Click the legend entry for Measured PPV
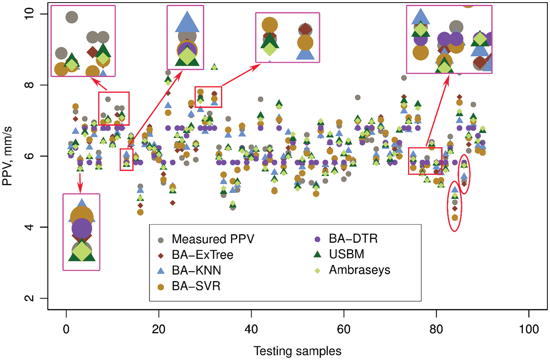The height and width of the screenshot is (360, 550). point(201,239)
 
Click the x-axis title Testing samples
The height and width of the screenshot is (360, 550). point(297,351)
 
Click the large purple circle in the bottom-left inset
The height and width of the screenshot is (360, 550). point(82,228)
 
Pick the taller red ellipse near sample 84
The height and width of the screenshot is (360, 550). point(454,206)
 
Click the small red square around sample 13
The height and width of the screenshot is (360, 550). point(127,160)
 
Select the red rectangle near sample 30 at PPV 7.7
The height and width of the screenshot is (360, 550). point(208,97)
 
